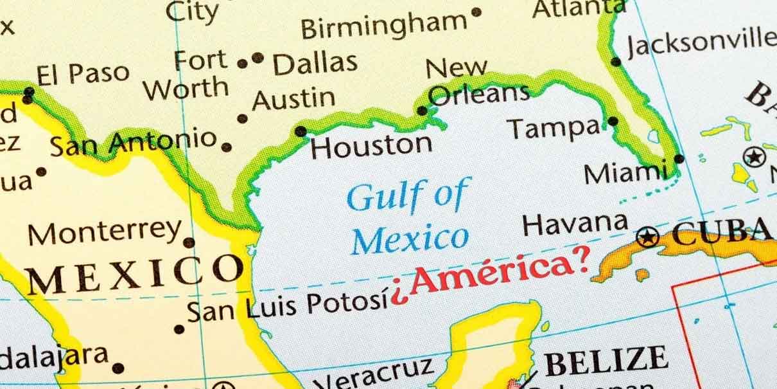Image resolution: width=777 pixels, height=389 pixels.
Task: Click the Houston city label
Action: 371,146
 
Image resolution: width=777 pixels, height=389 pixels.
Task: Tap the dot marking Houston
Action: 300,132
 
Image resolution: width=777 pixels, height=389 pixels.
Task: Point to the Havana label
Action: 575,224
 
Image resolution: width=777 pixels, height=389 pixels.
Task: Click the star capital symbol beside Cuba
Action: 647,237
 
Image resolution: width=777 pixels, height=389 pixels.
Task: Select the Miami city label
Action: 625,172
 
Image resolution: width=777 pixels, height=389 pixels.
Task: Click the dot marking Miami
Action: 679,159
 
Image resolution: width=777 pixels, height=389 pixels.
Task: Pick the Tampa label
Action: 555,128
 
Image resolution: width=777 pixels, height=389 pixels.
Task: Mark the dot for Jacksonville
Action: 616,62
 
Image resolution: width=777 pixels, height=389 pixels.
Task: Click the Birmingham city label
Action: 384,26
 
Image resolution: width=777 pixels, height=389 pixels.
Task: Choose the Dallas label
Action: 315,63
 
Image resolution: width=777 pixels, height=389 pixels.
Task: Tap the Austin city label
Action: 293,98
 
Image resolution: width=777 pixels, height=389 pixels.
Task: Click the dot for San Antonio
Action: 226,147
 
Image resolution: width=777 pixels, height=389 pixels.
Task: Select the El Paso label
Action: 83,73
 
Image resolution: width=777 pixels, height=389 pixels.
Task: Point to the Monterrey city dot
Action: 189,242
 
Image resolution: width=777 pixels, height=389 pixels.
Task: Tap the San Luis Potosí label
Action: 288,306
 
